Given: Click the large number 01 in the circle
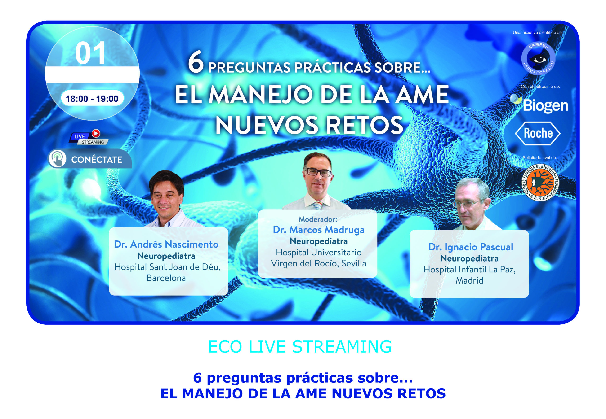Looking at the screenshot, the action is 90,53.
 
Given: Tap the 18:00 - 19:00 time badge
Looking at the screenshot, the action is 92,99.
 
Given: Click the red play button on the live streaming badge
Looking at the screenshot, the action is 96,133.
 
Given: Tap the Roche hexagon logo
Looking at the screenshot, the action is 537,133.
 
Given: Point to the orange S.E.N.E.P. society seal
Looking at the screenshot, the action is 540,183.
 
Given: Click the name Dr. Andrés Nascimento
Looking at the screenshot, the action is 166,244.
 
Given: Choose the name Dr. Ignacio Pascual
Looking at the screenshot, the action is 471,247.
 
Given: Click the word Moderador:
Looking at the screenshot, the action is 318,219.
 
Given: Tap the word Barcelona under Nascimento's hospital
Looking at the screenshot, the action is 166,278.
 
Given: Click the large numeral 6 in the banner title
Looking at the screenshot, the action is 196,62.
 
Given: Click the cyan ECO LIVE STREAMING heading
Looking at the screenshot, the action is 300,347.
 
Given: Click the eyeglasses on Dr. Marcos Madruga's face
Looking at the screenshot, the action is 318,172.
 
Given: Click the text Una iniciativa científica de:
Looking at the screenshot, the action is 538,33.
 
